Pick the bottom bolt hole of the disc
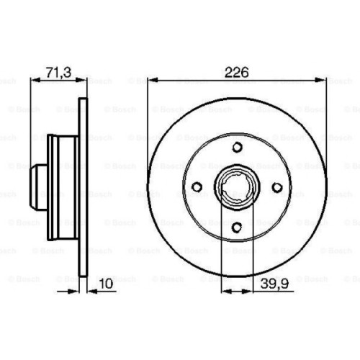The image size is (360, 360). click(238, 228)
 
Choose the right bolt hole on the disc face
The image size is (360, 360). click(279, 188)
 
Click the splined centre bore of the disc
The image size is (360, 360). click(238, 188)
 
